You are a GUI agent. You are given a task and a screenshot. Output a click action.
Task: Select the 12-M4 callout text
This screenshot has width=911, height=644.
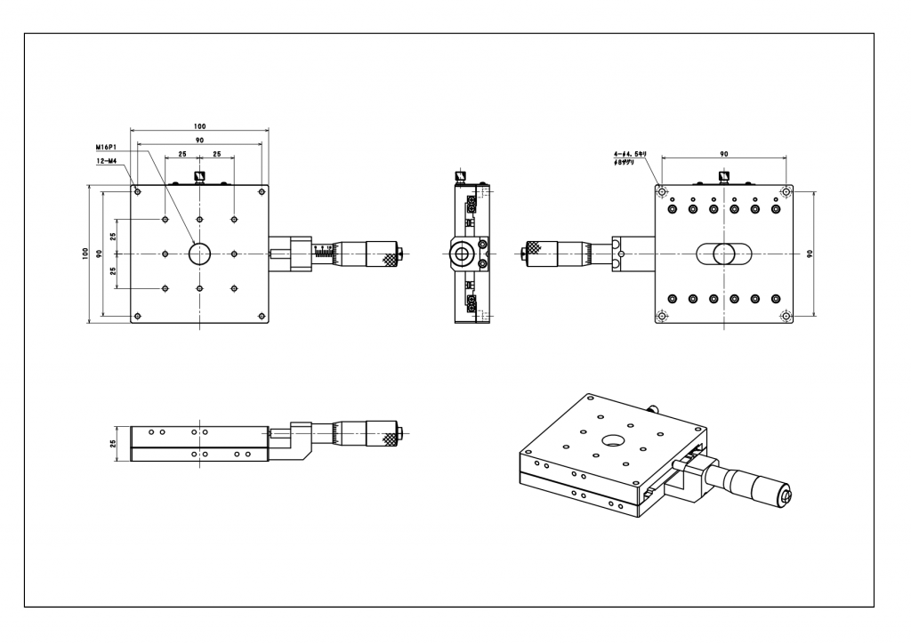point(107,161)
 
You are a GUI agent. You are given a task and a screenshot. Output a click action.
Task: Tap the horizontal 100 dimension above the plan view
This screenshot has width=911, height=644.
point(199,126)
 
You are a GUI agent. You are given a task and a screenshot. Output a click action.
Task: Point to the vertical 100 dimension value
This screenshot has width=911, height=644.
point(85,254)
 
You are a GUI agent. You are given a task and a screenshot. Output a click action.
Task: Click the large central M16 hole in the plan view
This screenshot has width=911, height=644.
point(199,254)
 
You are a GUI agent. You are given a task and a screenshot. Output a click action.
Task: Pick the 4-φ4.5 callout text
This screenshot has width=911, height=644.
point(634,155)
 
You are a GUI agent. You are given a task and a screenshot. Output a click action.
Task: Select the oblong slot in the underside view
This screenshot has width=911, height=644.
point(723,254)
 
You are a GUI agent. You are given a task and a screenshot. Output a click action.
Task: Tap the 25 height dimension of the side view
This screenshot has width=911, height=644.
point(114,443)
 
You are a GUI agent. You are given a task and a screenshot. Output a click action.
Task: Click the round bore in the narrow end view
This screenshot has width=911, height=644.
point(462,254)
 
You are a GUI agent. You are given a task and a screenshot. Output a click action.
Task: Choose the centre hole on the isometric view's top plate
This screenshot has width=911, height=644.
point(613,440)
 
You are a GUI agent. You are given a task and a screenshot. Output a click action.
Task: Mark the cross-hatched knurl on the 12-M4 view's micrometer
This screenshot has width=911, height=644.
point(389,260)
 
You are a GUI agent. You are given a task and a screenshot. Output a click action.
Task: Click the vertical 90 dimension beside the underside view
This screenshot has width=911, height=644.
point(809,254)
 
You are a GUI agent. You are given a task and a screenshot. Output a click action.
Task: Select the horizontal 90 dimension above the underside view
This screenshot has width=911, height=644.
point(723,155)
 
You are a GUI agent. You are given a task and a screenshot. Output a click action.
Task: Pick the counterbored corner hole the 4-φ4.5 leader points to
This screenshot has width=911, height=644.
point(661,191)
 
